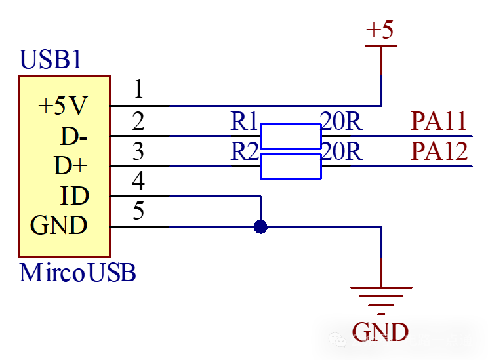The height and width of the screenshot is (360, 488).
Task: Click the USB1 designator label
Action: (51, 60)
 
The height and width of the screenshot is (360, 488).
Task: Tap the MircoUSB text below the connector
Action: (78, 272)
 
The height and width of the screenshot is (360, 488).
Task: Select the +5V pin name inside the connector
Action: (63, 106)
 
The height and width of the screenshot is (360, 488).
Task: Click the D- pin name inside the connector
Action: (74, 136)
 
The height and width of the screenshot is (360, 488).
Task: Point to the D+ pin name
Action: (71, 167)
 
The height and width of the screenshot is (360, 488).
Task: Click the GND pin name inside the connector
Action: (59, 226)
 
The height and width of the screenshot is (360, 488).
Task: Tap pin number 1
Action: (138, 89)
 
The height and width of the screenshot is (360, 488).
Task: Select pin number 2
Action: (138, 121)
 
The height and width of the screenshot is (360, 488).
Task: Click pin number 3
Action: (138, 151)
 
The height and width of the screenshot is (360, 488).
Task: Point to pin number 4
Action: (138, 181)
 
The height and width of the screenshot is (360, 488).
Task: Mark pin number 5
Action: (138, 211)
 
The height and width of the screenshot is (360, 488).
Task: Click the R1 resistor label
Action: (245, 121)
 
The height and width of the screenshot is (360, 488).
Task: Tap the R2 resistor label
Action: (245, 151)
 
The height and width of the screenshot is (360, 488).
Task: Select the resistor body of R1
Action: (291, 136)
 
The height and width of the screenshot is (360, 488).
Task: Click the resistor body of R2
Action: (291, 167)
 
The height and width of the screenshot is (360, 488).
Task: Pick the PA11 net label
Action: (439, 121)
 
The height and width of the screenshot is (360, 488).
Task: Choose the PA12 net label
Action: (439, 151)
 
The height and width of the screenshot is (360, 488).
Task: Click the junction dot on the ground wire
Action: (261, 228)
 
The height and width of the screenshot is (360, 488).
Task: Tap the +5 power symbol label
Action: (381, 30)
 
